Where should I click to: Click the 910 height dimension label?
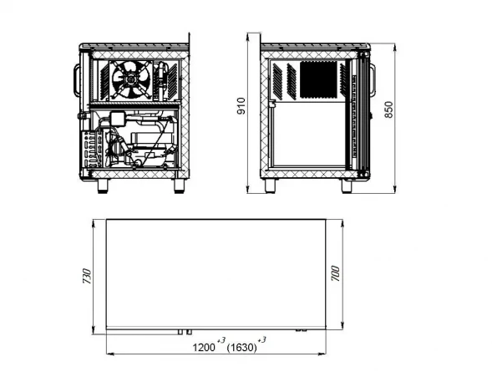[241, 106]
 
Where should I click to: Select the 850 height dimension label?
[388, 110]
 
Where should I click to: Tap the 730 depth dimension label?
[87, 276]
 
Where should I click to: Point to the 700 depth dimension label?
[335, 273]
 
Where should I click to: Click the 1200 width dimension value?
[204, 348]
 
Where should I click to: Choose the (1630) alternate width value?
[242, 348]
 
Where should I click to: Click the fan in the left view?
[131, 80]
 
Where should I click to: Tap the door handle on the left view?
[77, 79]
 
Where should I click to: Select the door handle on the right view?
[373, 79]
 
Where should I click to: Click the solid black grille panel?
[318, 79]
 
